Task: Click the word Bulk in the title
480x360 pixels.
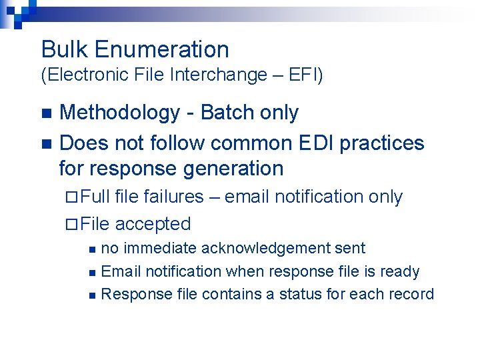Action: coord(65,49)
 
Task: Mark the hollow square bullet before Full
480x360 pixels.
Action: coord(73,197)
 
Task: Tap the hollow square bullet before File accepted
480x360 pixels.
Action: coord(73,224)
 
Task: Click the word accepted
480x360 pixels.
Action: coord(153,224)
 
